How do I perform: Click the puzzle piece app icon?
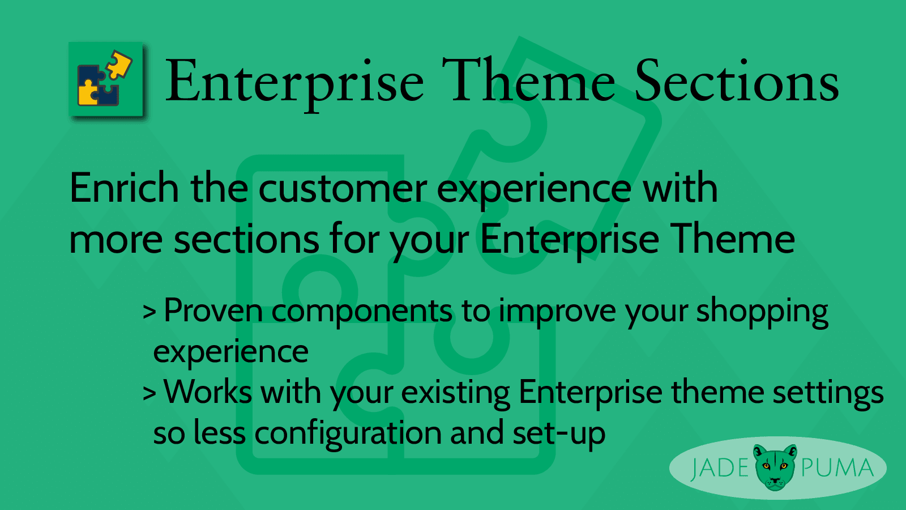(x=106, y=80)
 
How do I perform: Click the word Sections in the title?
(x=736, y=82)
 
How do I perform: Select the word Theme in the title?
(x=528, y=82)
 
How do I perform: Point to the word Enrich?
(x=124, y=188)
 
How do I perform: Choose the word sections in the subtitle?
(x=246, y=239)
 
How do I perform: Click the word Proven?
(x=213, y=311)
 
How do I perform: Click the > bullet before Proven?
(x=149, y=312)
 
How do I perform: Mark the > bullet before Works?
(x=149, y=393)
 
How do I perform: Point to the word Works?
(x=208, y=392)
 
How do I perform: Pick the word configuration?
(x=348, y=434)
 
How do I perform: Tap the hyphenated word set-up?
(x=558, y=434)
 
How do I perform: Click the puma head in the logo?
(x=775, y=467)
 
